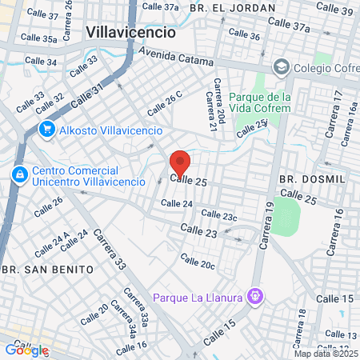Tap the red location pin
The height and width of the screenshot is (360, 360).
click(180, 162)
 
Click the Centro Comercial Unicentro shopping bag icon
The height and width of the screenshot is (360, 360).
click(18, 173)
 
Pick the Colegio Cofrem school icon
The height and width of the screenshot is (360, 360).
click(280, 66)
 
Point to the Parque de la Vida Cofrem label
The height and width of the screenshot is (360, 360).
click(257, 103)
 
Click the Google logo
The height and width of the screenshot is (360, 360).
click(26, 350)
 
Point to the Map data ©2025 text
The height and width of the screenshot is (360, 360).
click(325, 353)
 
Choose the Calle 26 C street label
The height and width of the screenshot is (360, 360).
click(165, 105)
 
